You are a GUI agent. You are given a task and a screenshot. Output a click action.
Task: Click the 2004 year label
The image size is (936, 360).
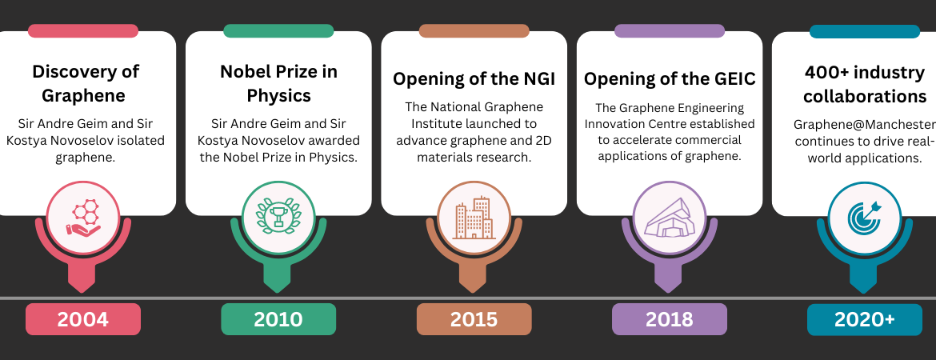click(83, 319)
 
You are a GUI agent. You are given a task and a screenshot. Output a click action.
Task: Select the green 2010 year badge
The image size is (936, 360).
click(278, 319)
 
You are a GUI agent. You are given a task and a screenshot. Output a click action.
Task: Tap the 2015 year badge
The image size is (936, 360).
click(474, 319)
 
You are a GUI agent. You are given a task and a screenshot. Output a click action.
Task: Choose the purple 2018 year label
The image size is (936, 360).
click(669, 319)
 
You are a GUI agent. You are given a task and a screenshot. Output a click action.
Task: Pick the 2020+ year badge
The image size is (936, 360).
click(864, 319)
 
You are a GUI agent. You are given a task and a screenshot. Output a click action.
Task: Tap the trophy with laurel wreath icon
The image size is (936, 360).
click(278, 216)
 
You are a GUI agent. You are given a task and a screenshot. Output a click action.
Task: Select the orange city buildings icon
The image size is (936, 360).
click(474, 218)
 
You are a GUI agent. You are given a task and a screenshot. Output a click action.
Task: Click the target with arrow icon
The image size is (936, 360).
click(864, 218)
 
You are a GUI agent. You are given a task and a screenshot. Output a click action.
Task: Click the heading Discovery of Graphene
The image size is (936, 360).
click(86, 83)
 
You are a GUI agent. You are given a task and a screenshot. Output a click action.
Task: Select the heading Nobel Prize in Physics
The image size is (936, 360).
click(278, 83)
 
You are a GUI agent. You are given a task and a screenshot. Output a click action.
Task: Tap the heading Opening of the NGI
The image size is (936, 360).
click(474, 79)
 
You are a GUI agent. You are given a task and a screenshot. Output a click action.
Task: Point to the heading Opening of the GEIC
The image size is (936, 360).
click(670, 79)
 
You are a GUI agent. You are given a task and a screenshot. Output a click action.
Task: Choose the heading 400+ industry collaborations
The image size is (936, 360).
click(864, 84)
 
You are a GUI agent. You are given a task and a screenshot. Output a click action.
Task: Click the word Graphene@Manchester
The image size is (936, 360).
click(864, 125)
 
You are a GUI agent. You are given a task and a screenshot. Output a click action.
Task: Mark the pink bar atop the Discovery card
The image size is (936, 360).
click(83, 31)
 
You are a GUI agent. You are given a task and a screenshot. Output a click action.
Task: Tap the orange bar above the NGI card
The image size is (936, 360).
click(474, 31)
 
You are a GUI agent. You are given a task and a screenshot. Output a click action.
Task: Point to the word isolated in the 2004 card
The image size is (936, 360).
click(144, 141)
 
